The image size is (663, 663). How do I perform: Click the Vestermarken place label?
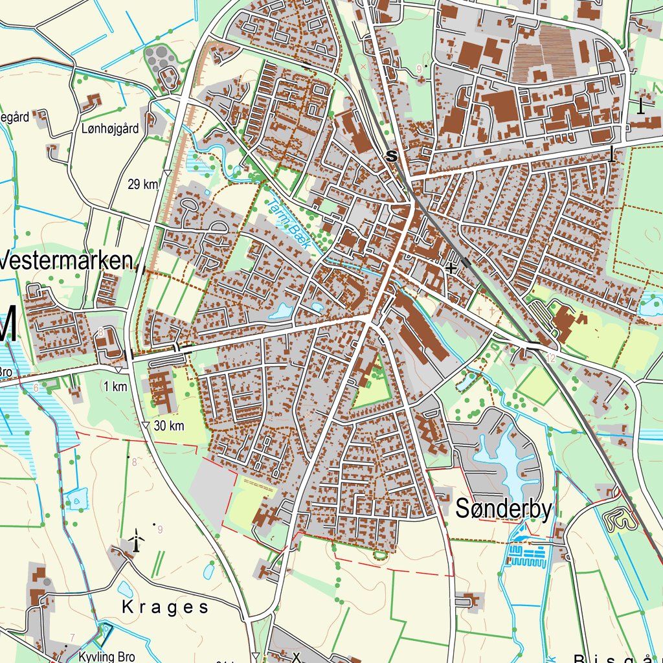click(69, 261)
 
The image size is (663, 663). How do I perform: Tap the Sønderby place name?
click(504, 510)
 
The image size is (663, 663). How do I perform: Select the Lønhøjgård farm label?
click(111, 129)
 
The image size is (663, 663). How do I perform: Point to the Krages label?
click(166, 607)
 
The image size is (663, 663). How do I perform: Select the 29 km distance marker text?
click(143, 185)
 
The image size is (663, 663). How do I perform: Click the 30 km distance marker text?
click(169, 426)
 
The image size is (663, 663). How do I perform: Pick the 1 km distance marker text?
click(115, 387)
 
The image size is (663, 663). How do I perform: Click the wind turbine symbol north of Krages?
click(136, 540)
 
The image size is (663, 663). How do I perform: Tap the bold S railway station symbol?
click(390, 156)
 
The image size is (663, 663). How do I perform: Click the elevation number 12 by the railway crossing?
click(551, 358)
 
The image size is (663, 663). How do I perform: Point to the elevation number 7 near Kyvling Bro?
click(73, 637)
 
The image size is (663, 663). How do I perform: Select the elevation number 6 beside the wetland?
click(36, 388)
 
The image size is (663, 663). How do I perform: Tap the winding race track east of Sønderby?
click(618, 519)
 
